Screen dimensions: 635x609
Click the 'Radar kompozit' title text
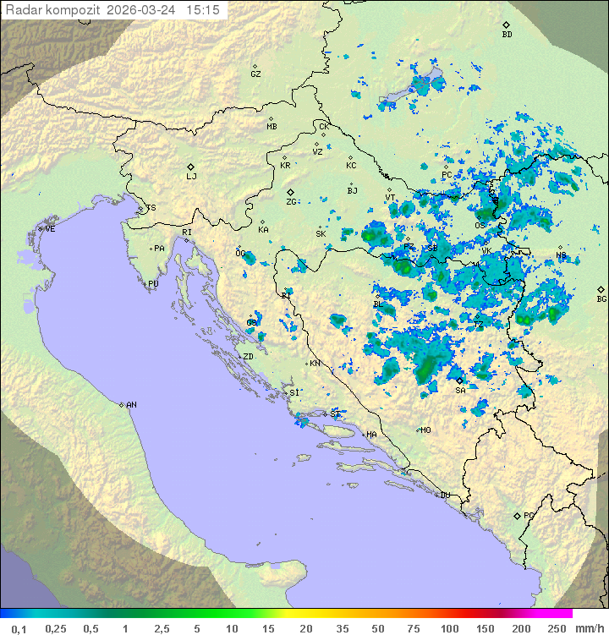pos(54,10)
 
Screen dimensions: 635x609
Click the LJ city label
pos(191,177)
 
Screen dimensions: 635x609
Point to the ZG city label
pos(291,202)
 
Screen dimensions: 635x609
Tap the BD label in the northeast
pos(507,35)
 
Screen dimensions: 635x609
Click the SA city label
pos(460,391)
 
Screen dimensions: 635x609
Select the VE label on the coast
pos(50,229)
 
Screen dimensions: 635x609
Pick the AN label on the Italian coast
pos(131,405)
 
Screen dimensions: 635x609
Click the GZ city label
pos(255,74)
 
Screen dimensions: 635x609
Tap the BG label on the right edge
pos(601,299)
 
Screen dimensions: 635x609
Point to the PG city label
pos(529,515)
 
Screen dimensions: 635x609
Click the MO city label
pos(425,430)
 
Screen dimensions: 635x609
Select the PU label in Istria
pos(153,284)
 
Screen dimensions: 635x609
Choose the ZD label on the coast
pos(248,357)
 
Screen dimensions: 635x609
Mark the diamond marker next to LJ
pos(191,167)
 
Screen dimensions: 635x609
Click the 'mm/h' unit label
pos(589,628)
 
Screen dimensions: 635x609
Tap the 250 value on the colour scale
pos(557,628)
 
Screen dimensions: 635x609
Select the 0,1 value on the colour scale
pos(19,628)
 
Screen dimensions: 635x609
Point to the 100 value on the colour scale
pos(449,628)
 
